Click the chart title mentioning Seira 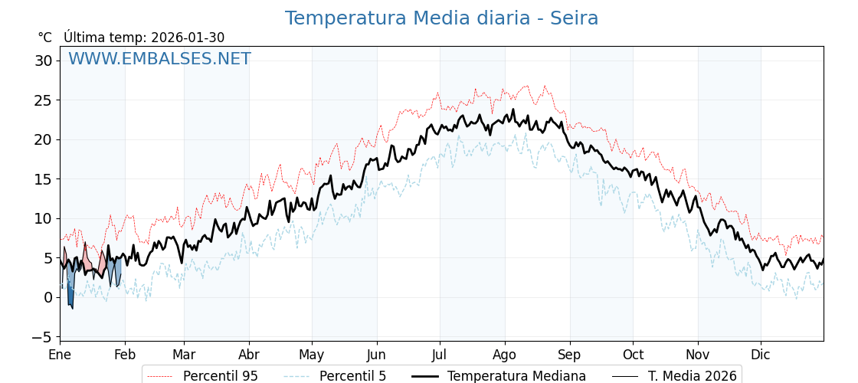441,18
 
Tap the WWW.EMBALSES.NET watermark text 159,59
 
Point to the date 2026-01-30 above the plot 188,38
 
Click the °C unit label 44,38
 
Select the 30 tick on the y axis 44,61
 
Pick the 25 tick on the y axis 44,100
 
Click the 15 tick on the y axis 44,179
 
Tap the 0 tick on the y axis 47,297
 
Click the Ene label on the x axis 60,355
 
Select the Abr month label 249,355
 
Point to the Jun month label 376,355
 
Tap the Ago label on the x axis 505,355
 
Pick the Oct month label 633,355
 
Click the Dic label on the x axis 761,355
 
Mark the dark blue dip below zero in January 70,296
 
